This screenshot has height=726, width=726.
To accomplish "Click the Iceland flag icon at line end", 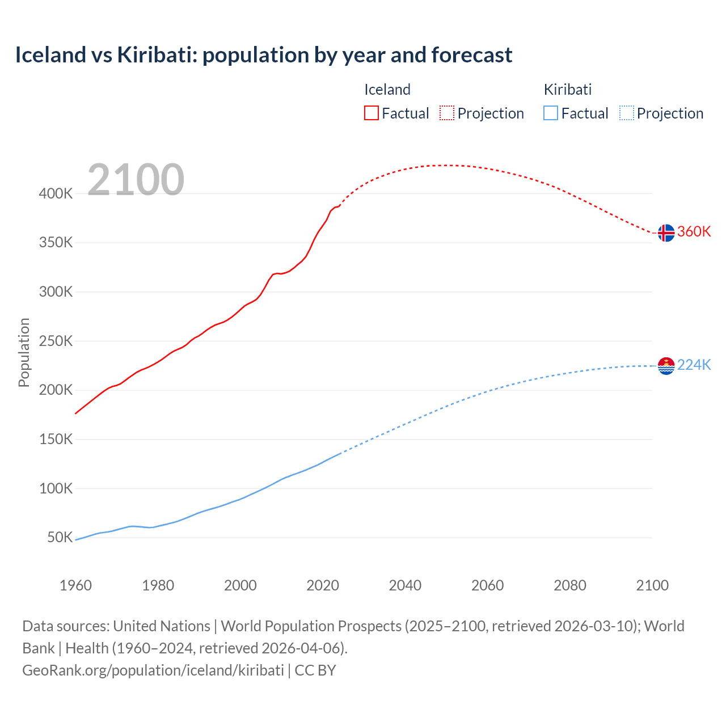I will (666, 233).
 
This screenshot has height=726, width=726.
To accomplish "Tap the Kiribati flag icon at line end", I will (666, 366).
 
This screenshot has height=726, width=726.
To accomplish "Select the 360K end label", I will (694, 232).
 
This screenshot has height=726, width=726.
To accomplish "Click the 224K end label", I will (694, 365).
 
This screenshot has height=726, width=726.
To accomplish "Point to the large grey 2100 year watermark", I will (136, 180).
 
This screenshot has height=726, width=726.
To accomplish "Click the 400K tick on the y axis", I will (56, 194).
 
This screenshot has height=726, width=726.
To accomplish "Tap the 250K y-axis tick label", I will (56, 341).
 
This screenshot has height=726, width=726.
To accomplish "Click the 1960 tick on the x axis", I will (75, 585).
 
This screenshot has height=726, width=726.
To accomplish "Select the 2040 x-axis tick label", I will (405, 585).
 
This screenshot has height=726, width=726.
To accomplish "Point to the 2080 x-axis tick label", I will (569, 585).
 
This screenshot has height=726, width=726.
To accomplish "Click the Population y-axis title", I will (24, 352).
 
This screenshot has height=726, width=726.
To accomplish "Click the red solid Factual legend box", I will (371, 113).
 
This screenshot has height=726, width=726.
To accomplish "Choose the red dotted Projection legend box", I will (447, 113).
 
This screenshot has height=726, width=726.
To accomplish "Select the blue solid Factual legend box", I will (551, 113).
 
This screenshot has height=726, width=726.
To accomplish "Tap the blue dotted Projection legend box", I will (626, 113).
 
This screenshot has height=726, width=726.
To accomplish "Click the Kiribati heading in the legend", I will (567, 90).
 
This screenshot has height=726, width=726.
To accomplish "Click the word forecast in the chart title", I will (472, 55).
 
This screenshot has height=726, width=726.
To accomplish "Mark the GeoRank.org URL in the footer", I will (153, 670).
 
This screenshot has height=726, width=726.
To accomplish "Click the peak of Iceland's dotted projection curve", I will (447, 165).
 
